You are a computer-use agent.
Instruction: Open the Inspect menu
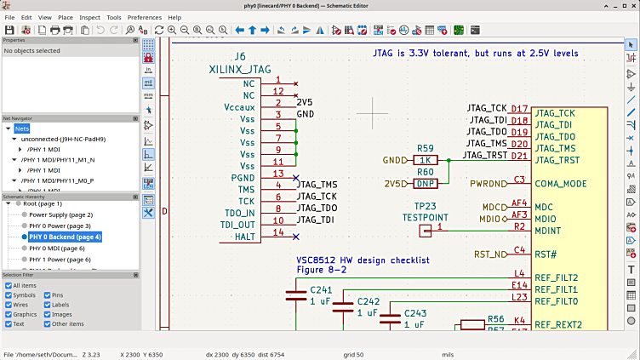pos(89,17)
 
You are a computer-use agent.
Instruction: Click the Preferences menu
pos(144,17)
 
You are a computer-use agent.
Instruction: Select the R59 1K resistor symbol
pos(426,160)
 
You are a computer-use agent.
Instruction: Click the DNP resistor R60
pos(426,183)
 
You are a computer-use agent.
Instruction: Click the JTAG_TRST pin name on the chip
pos(557,160)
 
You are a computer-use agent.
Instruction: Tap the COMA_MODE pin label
pos(563,183)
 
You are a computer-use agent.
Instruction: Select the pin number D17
pos(518,111)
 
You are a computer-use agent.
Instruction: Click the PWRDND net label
pos(488,183)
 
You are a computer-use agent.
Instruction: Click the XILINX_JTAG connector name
pos(240,71)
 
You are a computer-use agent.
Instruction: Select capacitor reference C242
pos(368,301)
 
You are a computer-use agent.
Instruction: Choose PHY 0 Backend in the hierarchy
pos(65,237)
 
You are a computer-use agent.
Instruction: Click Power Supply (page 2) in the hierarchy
pos(60,214)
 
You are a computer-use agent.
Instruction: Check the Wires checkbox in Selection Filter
pos(9,304)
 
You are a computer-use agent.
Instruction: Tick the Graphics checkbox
pos(9,314)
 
